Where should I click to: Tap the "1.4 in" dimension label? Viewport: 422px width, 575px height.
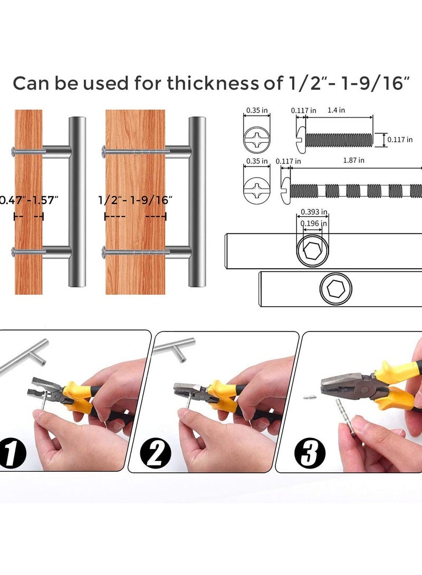pyautogui.click(x=336, y=110)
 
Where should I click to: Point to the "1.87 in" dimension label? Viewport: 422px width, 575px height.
pyautogui.click(x=354, y=160)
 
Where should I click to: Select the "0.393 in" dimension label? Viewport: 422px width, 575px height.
pyautogui.click(x=314, y=212)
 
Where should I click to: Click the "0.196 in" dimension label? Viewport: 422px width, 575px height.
pyautogui.click(x=314, y=223)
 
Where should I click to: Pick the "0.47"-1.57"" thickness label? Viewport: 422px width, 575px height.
pyautogui.click(x=28, y=200)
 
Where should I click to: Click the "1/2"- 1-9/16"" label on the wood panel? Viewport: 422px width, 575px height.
pyautogui.click(x=136, y=200)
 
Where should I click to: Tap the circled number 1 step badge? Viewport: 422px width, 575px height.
pyautogui.click(x=13, y=454)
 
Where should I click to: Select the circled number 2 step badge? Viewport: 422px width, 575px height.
pyautogui.click(x=156, y=454)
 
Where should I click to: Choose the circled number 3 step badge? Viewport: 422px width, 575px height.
pyautogui.click(x=310, y=453)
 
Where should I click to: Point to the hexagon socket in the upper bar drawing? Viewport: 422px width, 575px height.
pyautogui.click(x=313, y=251)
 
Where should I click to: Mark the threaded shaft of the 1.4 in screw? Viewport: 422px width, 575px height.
pyautogui.click(x=339, y=140)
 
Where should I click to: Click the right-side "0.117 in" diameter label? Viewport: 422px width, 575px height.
pyautogui.click(x=400, y=139)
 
